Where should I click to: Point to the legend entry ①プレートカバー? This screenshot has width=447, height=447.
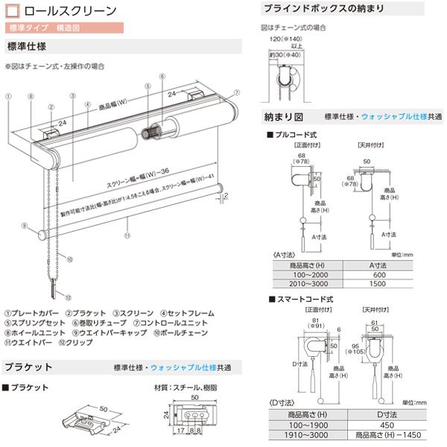click(31, 314)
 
